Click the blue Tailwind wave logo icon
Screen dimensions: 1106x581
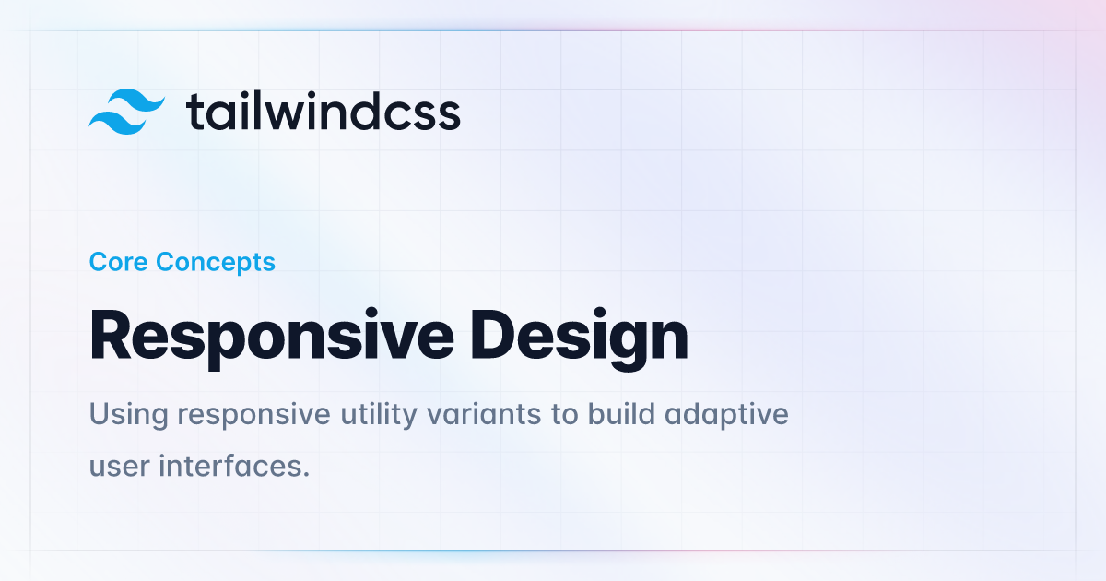(x=126, y=112)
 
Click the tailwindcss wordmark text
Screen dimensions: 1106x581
(x=323, y=111)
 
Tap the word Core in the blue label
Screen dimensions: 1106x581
(x=119, y=261)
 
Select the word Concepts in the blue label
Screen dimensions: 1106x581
(x=216, y=262)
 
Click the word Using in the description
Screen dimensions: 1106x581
(x=129, y=415)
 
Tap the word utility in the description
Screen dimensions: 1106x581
(x=379, y=415)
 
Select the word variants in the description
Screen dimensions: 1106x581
(x=484, y=414)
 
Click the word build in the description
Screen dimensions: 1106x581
(x=621, y=413)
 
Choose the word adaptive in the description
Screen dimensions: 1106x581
(x=726, y=415)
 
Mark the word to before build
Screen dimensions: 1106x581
(x=564, y=415)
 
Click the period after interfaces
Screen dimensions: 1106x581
(x=306, y=475)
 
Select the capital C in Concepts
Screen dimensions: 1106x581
(x=167, y=262)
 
